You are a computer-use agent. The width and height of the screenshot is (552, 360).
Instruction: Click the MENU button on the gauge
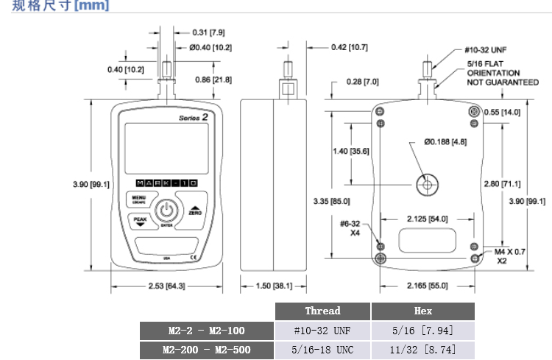click(x=139, y=200)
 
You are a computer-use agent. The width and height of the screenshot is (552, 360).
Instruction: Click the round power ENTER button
click(x=167, y=211)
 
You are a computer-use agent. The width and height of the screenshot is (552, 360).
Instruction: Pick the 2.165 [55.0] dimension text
click(x=428, y=285)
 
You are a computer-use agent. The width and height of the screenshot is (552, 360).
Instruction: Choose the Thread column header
click(x=322, y=311)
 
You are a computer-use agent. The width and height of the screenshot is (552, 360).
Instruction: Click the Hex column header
click(x=423, y=311)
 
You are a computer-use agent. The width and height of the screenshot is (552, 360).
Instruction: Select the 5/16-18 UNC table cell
click(x=322, y=349)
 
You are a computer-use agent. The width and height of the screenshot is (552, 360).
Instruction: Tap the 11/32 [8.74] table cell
click(x=423, y=349)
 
